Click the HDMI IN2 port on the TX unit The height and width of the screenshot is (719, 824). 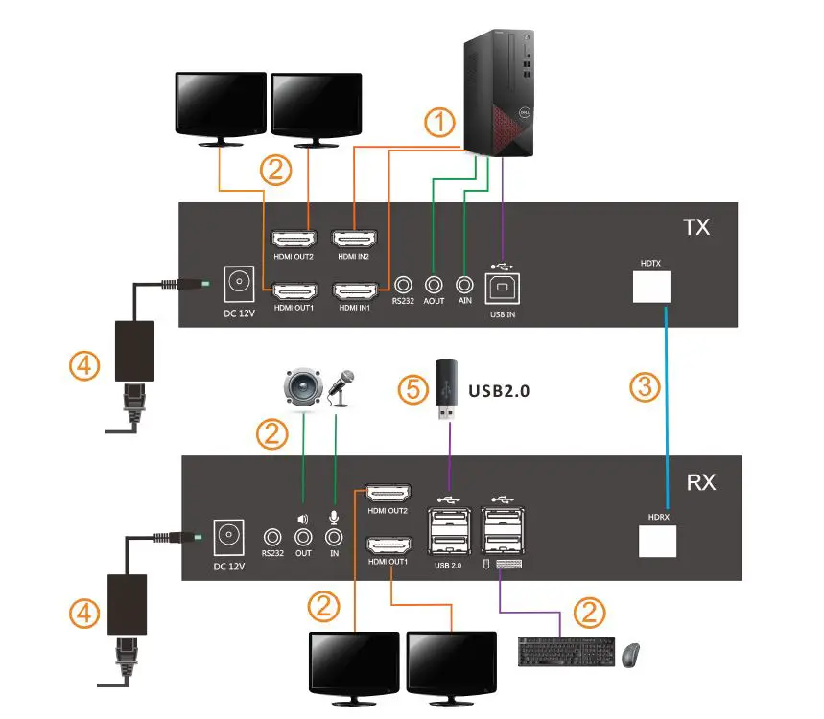pos(353,239)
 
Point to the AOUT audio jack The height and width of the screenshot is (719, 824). pos(434,285)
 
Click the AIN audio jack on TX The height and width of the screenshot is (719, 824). pos(465,285)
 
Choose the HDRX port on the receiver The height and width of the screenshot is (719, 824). pos(659,541)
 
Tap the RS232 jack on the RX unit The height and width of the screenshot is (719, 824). pos(273,539)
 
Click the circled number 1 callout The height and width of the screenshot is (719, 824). pos(440,124)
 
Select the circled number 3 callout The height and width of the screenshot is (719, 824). pos(645,388)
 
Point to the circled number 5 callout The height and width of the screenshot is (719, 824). pos(412,390)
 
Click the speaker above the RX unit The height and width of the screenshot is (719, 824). pos(301,388)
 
